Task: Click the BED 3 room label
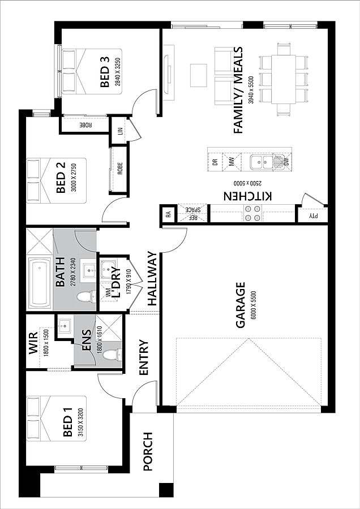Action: click(105, 72)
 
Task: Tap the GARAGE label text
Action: click(241, 305)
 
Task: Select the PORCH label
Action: click(148, 451)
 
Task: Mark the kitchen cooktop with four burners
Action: click(252, 213)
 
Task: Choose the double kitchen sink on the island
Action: click(262, 162)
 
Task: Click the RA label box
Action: click(168, 214)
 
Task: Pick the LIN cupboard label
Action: click(120, 131)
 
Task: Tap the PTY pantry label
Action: click(313, 215)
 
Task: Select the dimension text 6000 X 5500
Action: click(254, 305)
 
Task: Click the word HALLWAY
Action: click(152, 278)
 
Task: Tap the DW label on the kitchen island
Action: click(286, 162)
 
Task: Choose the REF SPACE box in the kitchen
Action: click(192, 214)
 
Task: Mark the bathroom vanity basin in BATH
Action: click(89, 269)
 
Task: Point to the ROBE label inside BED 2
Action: click(120, 169)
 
